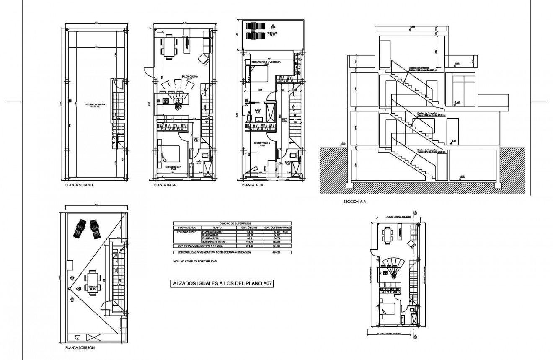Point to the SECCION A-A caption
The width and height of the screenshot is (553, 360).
pos(355,202)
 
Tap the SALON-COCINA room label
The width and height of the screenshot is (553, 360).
pos(189,77)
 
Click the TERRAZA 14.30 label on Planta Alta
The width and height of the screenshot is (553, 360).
pos(273,34)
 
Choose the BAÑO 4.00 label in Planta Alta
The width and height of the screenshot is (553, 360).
pos(258,111)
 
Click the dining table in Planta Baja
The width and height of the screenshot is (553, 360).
pos(170,45)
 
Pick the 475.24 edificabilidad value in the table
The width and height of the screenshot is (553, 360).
pos(276,253)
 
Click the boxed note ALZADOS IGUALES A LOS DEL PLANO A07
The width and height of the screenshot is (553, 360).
pos(223,284)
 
